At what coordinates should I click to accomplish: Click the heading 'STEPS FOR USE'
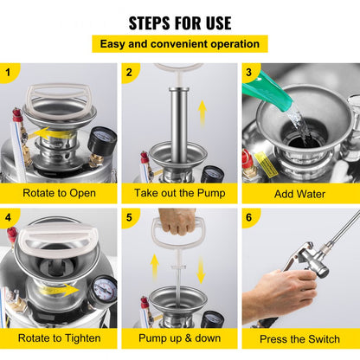tap(180, 22)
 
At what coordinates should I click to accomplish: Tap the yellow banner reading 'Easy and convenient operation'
tap(180, 43)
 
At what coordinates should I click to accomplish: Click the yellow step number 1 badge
tap(10, 73)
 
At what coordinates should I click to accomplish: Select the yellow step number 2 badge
tap(130, 73)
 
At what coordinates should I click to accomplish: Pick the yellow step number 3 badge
tap(251, 73)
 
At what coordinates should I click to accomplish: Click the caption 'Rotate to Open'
tap(59, 194)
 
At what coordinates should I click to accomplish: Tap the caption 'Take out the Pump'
tap(179, 194)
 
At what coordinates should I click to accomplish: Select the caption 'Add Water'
tap(300, 194)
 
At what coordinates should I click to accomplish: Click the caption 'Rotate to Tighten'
tap(59, 338)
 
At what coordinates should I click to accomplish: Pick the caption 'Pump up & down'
tap(179, 338)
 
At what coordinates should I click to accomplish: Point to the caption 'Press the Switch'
tap(300, 338)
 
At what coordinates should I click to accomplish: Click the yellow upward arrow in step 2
tap(202, 111)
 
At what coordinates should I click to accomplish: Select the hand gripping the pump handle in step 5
tap(178, 222)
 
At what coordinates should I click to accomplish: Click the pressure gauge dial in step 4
tap(104, 290)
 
